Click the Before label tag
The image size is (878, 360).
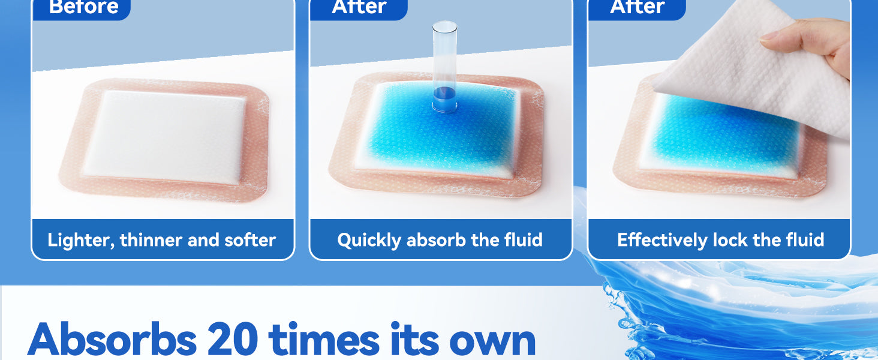click(82, 8)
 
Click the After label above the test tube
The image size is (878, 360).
click(359, 8)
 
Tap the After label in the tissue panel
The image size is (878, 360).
click(637, 8)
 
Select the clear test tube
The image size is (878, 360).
click(444, 67)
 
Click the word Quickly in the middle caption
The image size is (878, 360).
click(369, 240)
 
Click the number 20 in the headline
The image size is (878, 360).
click(232, 339)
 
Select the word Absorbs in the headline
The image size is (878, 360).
click(112, 339)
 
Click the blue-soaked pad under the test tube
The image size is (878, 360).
click(439, 130)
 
